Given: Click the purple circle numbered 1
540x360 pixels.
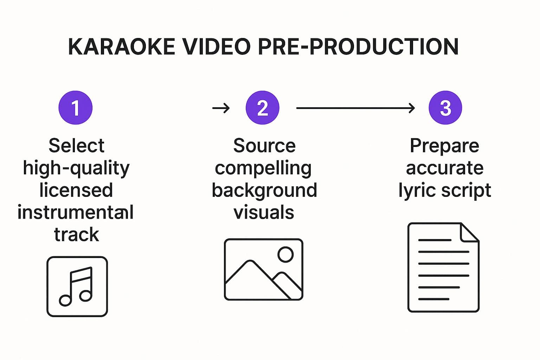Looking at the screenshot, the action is (x=76, y=108).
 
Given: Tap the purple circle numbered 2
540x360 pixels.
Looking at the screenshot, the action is (x=263, y=108).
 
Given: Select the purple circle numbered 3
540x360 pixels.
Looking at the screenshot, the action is (x=445, y=108).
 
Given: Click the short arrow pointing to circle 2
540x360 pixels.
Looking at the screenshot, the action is (x=221, y=108).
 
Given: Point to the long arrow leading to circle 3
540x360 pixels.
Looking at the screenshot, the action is (x=355, y=108).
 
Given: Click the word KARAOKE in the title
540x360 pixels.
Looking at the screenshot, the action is (x=122, y=46).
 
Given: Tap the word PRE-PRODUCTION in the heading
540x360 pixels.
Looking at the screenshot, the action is (x=358, y=46).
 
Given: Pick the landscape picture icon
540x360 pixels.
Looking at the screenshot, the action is (x=263, y=269).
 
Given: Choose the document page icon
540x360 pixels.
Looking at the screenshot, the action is (x=444, y=268).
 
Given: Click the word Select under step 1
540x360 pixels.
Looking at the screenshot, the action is (x=76, y=146).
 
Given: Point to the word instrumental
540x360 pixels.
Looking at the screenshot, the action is (x=76, y=212).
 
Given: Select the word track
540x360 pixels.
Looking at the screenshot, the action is (x=77, y=234).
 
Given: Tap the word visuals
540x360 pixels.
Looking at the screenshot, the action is (x=264, y=212).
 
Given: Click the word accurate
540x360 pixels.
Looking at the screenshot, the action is (x=445, y=168).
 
